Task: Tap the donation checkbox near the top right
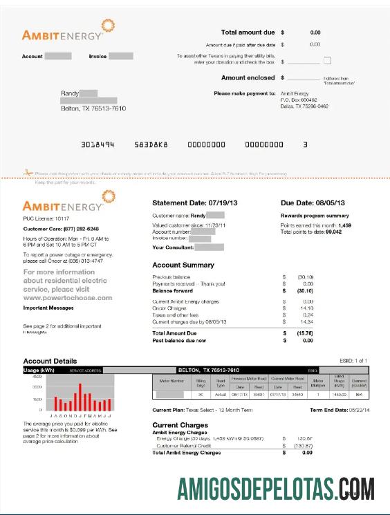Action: point(327,61)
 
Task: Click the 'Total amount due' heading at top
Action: point(248,32)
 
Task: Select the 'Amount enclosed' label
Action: point(248,78)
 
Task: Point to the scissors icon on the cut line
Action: point(28,172)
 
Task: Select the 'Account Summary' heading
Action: point(183,265)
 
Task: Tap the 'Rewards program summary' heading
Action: point(315,216)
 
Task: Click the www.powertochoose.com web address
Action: point(67,298)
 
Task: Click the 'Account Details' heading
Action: point(50,361)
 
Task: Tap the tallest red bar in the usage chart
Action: point(80,397)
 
